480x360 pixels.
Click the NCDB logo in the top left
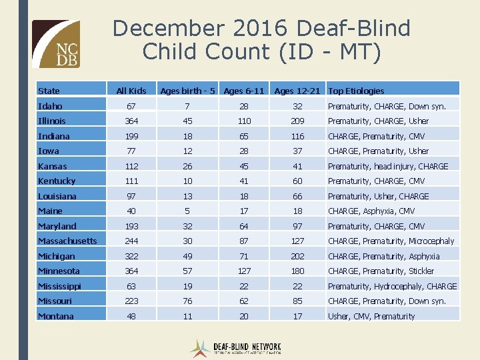(x=56, y=44)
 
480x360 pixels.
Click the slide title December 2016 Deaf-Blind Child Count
(x=261, y=40)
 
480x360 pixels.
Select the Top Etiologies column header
(x=356, y=91)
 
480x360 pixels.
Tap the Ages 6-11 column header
(x=244, y=91)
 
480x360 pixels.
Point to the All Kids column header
(x=131, y=91)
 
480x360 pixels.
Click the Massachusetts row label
(x=67, y=241)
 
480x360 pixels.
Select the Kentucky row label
(x=57, y=181)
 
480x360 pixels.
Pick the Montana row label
(x=56, y=316)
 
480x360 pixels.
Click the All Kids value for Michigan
(x=131, y=256)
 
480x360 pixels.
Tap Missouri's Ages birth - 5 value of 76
(x=187, y=301)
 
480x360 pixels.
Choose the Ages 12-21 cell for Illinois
(x=297, y=121)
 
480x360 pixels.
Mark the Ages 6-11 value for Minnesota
(x=244, y=271)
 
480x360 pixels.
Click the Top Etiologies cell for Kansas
(x=388, y=166)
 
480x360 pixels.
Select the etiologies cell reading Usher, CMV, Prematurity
(x=371, y=316)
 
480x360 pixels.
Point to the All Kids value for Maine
(x=131, y=211)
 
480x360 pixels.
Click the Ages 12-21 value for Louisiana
(x=297, y=196)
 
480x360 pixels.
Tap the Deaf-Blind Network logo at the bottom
(x=236, y=348)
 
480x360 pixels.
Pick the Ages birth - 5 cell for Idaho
(x=187, y=106)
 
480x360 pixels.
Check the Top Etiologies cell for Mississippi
(x=392, y=286)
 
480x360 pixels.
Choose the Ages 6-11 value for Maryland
(x=244, y=226)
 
